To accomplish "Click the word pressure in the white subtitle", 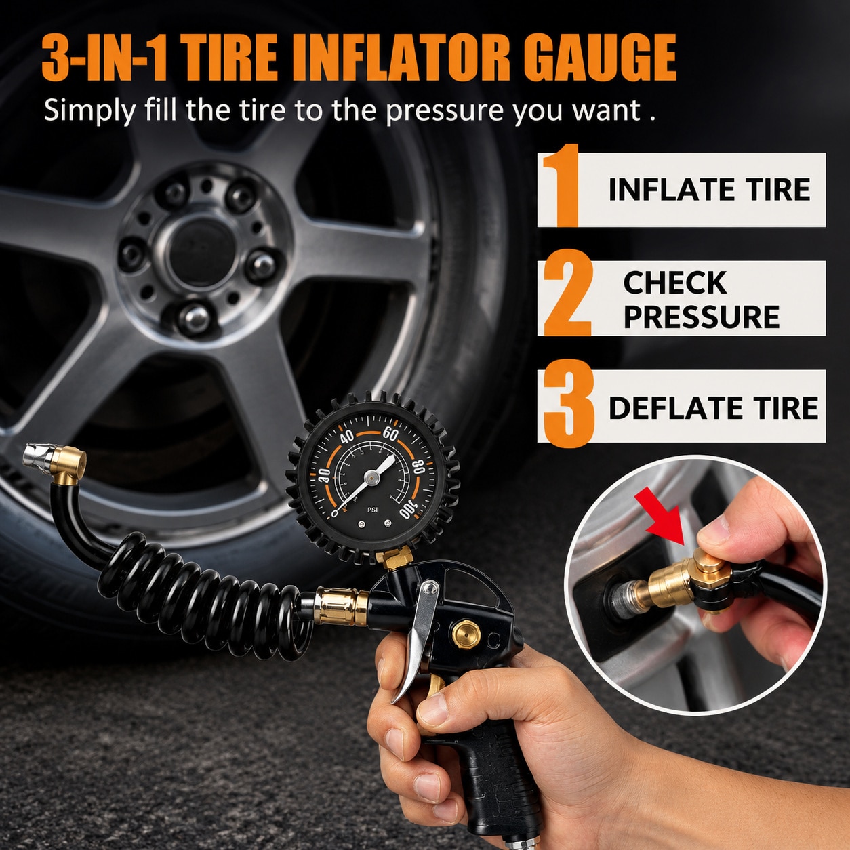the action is (445, 110).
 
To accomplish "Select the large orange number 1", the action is (560, 185).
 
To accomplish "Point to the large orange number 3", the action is (569, 403).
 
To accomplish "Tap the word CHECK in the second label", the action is (675, 282).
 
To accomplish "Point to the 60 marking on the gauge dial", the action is (390, 434).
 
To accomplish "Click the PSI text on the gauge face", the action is (372, 510).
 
